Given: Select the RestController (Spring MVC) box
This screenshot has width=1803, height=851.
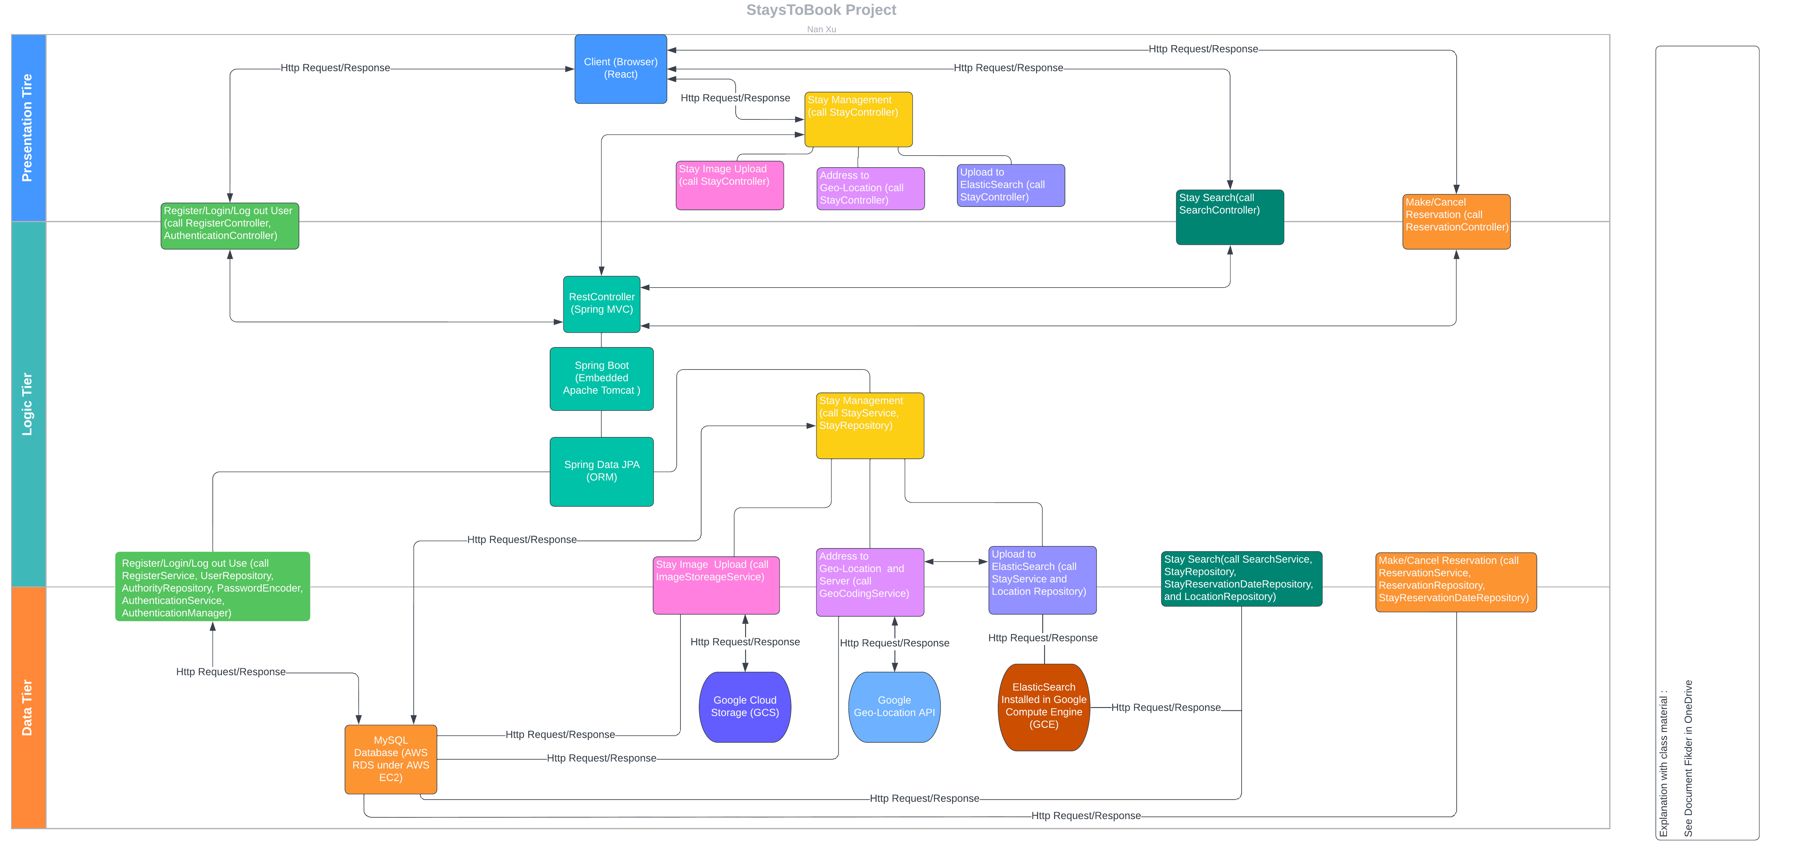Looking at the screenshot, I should pos(601,304).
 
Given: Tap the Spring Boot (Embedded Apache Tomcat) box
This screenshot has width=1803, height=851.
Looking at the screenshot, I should pos(601,378).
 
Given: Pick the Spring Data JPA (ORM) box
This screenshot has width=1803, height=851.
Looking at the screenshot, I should pos(601,471).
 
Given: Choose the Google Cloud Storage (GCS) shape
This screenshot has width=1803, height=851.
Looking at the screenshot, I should pos(745,707).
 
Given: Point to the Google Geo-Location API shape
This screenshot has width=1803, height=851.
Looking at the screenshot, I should pos(894,707).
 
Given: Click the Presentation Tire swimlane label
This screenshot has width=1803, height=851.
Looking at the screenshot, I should pos(28,127).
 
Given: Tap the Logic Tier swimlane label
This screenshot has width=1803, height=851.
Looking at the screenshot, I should pos(28,404).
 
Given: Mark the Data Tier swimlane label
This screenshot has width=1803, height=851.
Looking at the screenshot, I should pos(28,707).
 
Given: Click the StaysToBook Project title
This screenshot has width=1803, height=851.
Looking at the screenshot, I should pos(821,10).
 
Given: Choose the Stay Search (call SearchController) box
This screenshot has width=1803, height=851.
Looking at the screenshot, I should pos(1230,217).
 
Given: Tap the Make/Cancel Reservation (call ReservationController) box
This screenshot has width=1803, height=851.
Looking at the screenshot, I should pos(1456,221).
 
